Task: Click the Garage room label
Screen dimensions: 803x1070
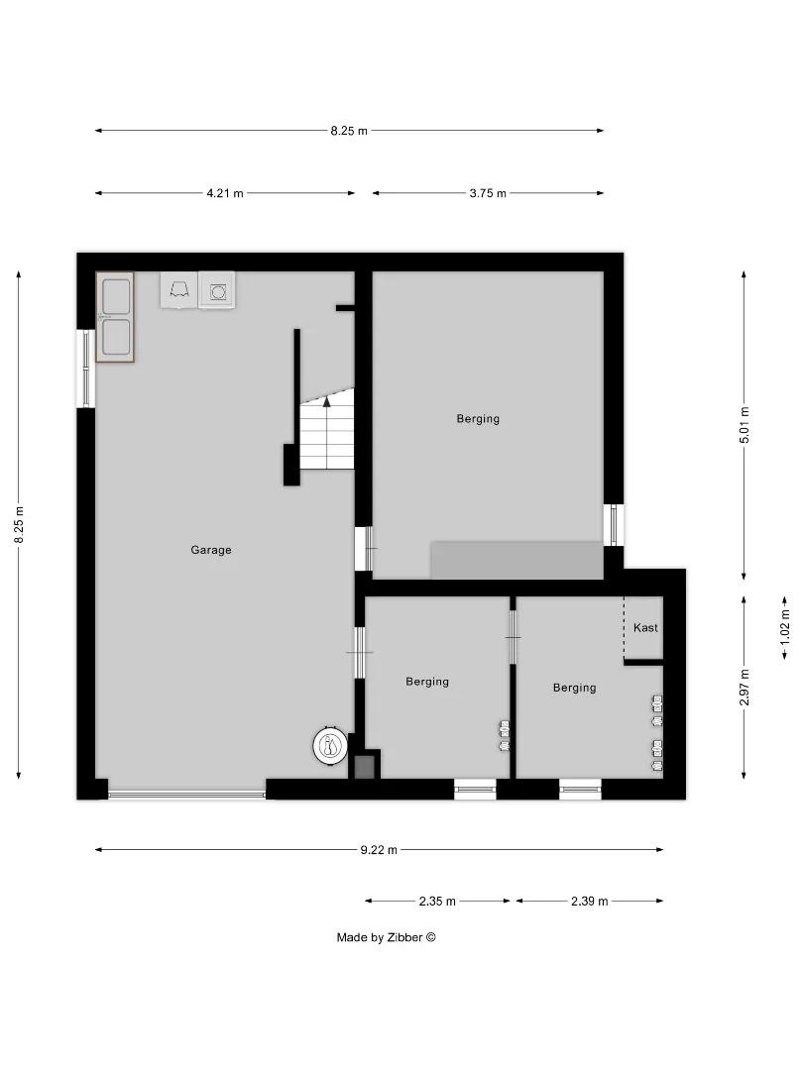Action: pos(211,550)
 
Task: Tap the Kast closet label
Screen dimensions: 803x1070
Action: pos(645,628)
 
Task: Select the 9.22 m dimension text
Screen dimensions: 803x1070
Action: pos(379,850)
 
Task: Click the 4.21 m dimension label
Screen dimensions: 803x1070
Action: pos(225,193)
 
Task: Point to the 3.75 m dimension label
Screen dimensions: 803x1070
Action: pos(488,193)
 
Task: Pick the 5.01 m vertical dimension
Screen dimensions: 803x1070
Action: pos(745,425)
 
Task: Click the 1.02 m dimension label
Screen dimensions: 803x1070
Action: pos(785,627)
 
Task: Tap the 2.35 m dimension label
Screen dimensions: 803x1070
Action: pos(437,902)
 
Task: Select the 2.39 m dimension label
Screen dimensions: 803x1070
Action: pos(589,902)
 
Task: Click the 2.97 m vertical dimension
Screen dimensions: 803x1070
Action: pos(745,688)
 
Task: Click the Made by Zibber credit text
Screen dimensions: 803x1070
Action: pos(386,937)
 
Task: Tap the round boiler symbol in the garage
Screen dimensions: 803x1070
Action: pos(330,746)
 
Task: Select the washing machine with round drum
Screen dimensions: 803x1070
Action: pos(217,290)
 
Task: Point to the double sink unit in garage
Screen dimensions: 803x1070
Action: pos(115,317)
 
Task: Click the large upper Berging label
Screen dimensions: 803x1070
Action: pos(478,419)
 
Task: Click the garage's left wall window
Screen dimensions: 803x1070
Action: pos(86,369)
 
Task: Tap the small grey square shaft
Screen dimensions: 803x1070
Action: pos(365,766)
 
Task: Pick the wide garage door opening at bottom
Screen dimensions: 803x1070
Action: pos(186,795)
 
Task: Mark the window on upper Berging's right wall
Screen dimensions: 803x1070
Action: pos(614,525)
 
